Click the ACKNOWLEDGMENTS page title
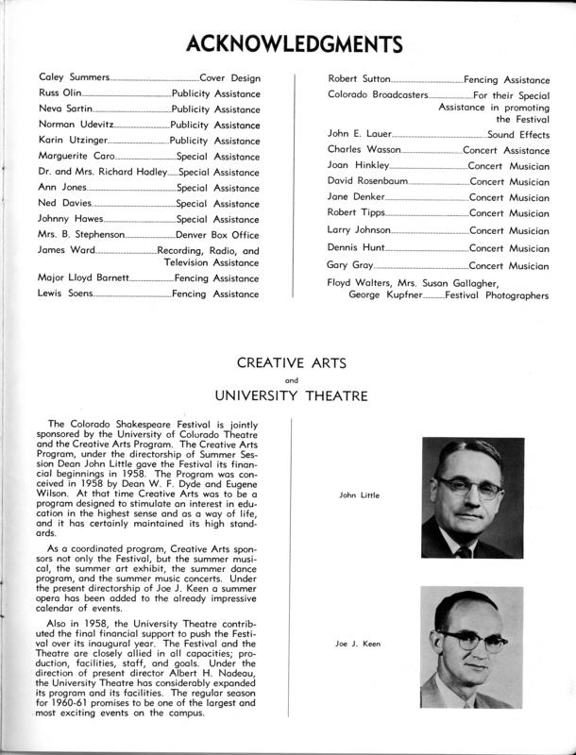287,43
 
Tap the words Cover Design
229,77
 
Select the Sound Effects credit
517,135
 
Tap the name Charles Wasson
364,150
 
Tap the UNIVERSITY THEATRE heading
287,394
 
